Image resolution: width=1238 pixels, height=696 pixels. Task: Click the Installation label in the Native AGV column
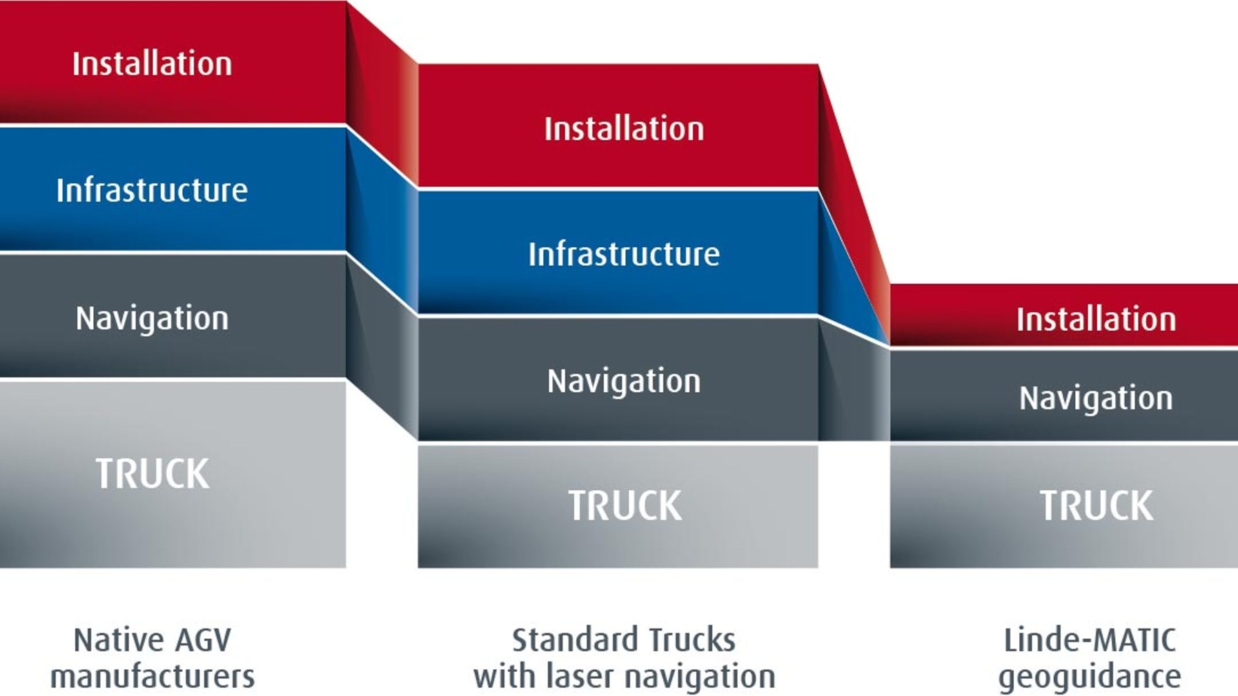[x=152, y=64]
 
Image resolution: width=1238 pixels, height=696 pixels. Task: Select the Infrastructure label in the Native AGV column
[x=152, y=190]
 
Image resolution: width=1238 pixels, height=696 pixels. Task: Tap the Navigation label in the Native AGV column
[x=152, y=318]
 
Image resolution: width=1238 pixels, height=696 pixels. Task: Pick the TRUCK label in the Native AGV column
[x=153, y=474]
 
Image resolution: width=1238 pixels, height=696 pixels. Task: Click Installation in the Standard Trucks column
[x=624, y=128]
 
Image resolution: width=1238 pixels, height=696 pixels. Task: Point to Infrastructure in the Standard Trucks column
[x=624, y=254]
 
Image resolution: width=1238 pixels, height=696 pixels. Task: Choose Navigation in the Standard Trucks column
[x=624, y=381]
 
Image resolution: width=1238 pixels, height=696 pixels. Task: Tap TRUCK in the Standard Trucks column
[x=625, y=505]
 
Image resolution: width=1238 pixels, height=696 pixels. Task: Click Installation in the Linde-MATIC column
[x=1096, y=319]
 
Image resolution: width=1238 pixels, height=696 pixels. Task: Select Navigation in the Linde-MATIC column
[x=1096, y=398]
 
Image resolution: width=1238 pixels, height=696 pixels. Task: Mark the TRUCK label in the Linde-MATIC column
[x=1096, y=505]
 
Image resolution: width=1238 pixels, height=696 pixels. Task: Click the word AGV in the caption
[x=200, y=641]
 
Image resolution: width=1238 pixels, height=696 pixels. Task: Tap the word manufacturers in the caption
[x=153, y=677]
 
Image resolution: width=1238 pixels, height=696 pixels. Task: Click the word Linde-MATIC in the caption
[x=1090, y=641]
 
